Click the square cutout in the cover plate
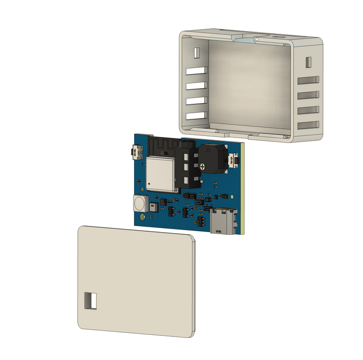tap(90, 300)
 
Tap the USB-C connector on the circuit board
tap(222, 222)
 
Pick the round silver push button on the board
tap(139, 203)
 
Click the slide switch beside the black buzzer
tap(233, 161)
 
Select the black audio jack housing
tap(187, 166)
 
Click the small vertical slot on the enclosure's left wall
tap(196, 52)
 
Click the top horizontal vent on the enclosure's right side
tap(308, 80)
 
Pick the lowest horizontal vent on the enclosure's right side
tap(308, 125)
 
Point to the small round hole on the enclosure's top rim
tap(257, 38)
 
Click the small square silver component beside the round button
tap(153, 206)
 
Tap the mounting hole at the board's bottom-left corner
tap(143, 217)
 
